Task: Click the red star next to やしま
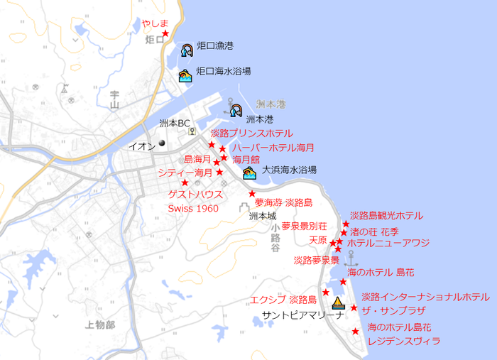[x=165, y=33]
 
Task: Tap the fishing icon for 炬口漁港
[x=187, y=50]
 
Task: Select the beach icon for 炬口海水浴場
[x=185, y=75]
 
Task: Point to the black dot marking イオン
[x=162, y=143]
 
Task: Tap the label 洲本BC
[x=175, y=123]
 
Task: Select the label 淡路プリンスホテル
[x=251, y=133]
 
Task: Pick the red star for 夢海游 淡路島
[x=252, y=194]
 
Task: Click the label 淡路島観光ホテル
[x=386, y=216]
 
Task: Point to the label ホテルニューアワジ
[x=388, y=243]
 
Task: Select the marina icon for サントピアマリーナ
[x=338, y=303]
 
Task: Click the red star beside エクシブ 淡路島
[x=326, y=293]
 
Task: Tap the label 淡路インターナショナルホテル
[x=425, y=297]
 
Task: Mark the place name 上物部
[x=99, y=324]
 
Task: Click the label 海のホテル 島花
[x=381, y=272]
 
